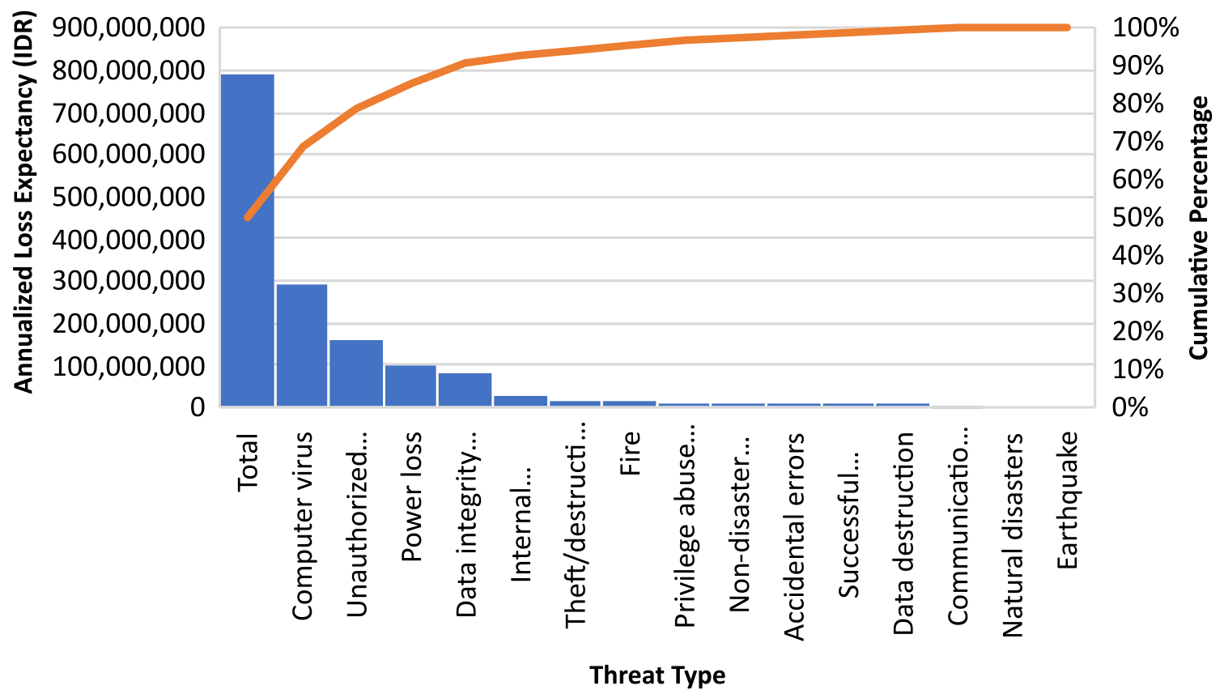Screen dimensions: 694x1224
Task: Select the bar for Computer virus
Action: point(302,344)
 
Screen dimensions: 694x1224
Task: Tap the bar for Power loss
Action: point(410,385)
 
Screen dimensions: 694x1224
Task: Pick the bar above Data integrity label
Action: point(465,390)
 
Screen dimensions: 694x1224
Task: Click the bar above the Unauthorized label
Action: point(356,373)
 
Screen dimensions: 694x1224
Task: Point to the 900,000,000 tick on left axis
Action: point(129,28)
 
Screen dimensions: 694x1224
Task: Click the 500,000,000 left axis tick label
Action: point(129,197)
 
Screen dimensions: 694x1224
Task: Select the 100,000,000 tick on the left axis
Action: point(129,365)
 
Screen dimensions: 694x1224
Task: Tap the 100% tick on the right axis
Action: point(1145,28)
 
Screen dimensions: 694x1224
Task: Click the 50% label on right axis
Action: point(1137,218)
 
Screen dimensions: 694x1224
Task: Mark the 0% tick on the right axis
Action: point(1130,407)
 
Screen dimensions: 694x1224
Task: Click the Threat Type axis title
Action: point(657,675)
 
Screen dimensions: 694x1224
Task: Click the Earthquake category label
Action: point(1067,500)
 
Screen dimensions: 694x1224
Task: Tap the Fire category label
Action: point(630,453)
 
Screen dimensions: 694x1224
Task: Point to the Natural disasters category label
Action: point(1013,535)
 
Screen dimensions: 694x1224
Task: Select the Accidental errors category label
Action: point(794,537)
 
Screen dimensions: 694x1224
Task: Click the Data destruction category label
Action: point(903,534)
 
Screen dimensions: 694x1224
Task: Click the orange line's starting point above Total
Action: point(248,217)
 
